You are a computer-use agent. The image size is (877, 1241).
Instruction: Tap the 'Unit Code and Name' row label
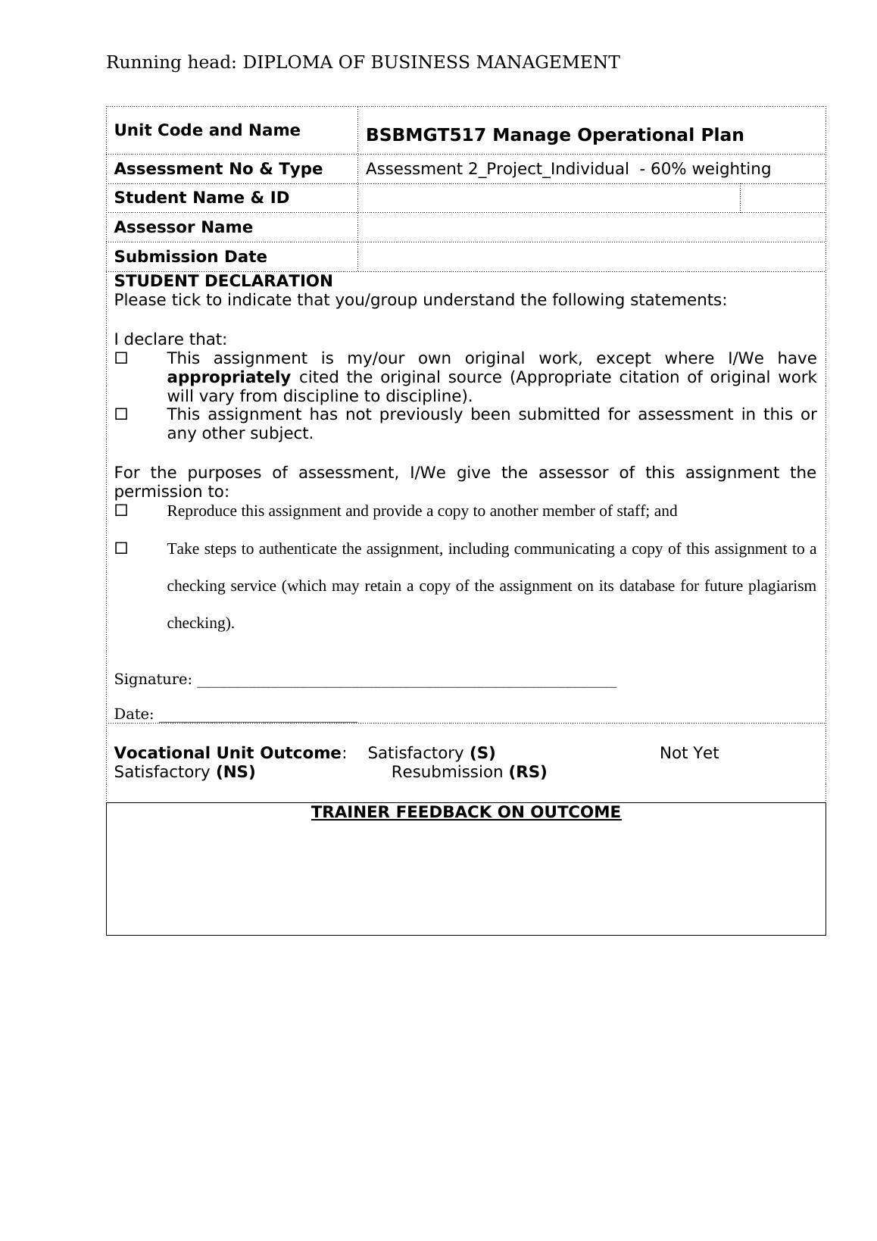207,130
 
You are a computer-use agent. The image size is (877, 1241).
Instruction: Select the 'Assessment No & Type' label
218,169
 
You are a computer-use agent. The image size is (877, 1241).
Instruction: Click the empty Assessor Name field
591,227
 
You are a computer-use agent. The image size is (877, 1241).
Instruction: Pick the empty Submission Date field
591,257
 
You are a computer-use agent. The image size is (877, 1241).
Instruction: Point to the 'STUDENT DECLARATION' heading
223,281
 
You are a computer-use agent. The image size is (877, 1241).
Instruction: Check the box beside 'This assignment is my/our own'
121,358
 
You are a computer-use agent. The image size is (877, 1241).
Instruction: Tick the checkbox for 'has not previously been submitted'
121,414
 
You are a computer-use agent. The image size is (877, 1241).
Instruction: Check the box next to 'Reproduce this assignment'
121,511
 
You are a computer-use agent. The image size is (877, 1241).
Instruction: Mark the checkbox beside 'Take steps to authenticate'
121,548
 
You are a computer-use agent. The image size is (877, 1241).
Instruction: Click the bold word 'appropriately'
228,377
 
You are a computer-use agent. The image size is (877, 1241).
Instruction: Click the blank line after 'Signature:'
406,681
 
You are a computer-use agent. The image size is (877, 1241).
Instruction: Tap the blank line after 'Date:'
257,716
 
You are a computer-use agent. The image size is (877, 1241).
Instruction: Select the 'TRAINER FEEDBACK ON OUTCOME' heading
466,812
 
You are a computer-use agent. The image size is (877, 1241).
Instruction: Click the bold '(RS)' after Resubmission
528,772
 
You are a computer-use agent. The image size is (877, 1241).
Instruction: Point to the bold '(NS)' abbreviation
236,772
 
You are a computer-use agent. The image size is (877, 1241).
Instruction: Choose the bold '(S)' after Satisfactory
482,753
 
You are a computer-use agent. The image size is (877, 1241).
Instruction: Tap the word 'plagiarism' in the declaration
782,586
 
